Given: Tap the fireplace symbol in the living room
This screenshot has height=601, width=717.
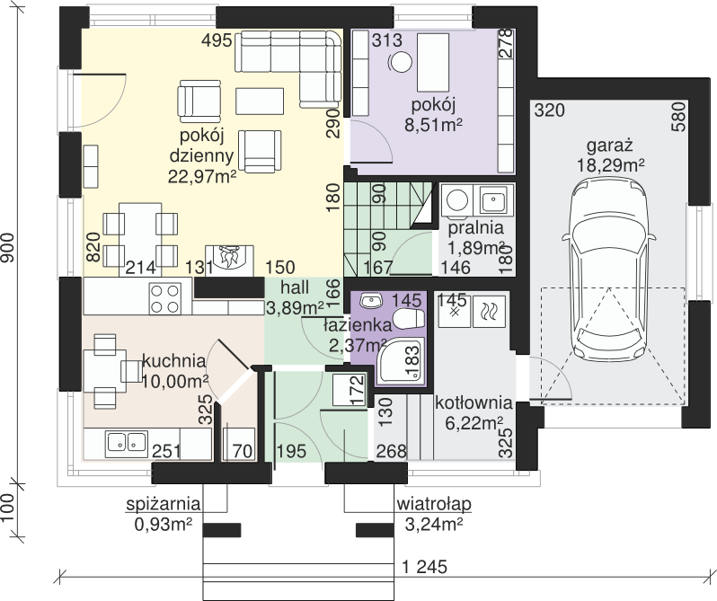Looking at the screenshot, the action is [229, 261].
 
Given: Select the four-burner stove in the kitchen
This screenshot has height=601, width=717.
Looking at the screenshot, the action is [164, 299].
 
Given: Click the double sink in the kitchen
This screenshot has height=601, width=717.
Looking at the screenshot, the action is [126, 442].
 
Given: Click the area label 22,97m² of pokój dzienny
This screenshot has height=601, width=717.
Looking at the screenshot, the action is [201, 176].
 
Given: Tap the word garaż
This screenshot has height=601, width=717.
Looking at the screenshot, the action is [609, 146].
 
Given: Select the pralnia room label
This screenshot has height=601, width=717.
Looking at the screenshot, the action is [475, 227].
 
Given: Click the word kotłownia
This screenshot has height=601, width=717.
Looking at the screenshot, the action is [474, 403].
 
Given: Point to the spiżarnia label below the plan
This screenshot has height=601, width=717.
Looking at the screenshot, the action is [164, 505].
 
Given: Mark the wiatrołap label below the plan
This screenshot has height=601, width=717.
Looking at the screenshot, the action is [433, 505].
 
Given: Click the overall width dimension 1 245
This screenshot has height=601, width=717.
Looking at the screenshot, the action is [424, 567].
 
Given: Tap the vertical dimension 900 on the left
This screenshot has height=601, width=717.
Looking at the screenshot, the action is [8, 248].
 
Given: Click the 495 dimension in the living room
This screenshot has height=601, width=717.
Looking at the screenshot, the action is [217, 40].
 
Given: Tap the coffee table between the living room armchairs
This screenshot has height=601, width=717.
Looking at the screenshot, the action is [260, 101].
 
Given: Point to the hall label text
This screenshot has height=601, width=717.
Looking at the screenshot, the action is [295, 287].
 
